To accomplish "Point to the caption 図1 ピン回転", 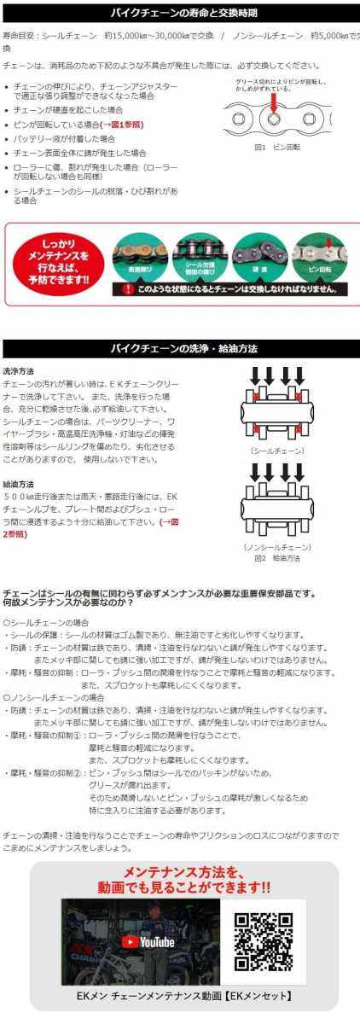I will (x=272, y=147).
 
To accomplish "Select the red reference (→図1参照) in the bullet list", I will (x=117, y=125).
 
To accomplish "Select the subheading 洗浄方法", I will (x=19, y=371).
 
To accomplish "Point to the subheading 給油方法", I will (x=19, y=484).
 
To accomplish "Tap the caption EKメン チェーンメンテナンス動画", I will (x=183, y=996).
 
